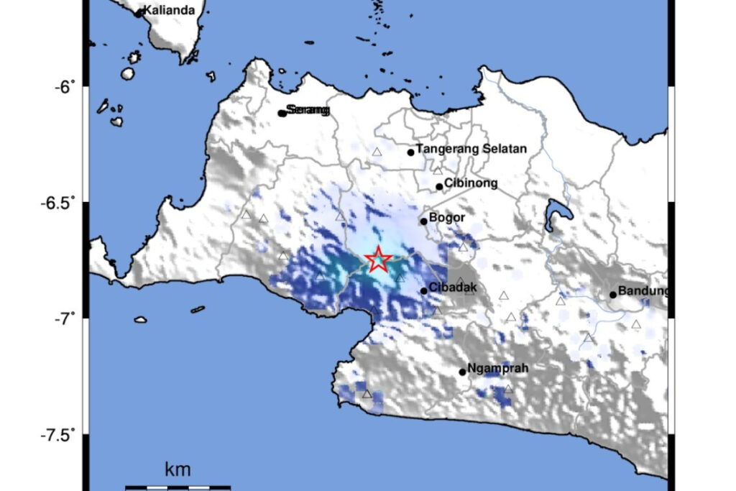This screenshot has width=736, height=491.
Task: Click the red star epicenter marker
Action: pos(378,260)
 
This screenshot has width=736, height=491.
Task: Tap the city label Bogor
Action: pos(447,217)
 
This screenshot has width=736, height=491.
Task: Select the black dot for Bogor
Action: pos(424,221)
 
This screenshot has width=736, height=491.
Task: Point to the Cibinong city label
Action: pos(471,183)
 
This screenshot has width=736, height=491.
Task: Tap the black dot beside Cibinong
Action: pos(439,187)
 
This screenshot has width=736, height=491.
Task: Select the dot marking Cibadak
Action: pos(424,290)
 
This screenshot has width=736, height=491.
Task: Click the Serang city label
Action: pos(307,110)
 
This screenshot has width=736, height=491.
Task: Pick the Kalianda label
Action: pos(170,10)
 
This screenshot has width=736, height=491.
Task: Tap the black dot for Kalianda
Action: pos(139,13)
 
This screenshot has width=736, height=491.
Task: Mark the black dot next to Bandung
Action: pos(613,294)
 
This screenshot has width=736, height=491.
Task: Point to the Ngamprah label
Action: pos(498,369)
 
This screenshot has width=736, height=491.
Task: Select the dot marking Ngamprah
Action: pos(463,372)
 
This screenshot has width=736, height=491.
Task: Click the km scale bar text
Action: pos(178,470)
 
